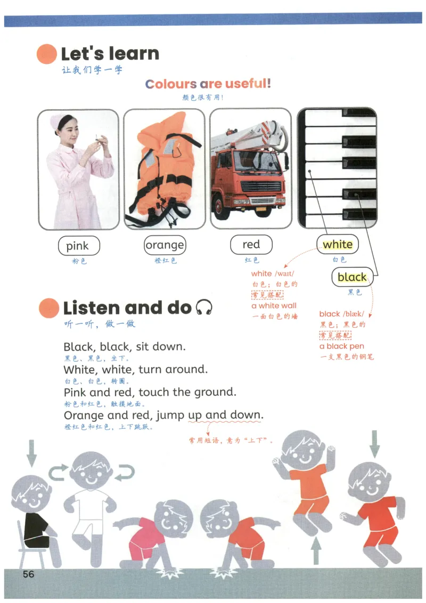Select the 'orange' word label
tap(165, 245)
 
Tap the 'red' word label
tap(251, 244)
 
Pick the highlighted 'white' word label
tap(338, 244)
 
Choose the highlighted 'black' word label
tap(352, 277)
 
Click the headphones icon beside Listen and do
tap(204, 307)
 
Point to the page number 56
tap(28, 574)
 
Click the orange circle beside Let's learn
tap(47, 53)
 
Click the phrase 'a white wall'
tap(274, 306)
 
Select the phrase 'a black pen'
tap(342, 346)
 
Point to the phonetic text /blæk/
tap(354, 314)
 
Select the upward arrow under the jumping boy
tap(316, 551)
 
